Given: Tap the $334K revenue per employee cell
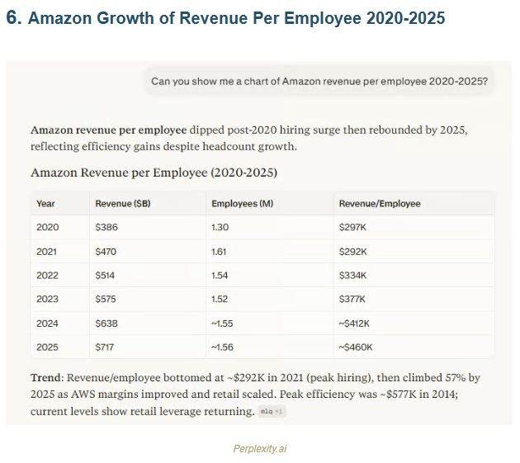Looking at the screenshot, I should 352,275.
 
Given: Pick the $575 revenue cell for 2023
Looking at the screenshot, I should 106,299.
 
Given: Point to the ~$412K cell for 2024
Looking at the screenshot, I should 356,323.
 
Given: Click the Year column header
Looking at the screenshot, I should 45,203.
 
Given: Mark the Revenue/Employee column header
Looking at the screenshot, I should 379,203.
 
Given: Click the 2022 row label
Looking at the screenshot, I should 48,275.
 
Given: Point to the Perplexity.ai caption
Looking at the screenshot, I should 260,449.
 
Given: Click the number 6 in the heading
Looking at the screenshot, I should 12,19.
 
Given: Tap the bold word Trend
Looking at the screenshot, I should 47,377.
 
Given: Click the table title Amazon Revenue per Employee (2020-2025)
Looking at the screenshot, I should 154,172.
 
